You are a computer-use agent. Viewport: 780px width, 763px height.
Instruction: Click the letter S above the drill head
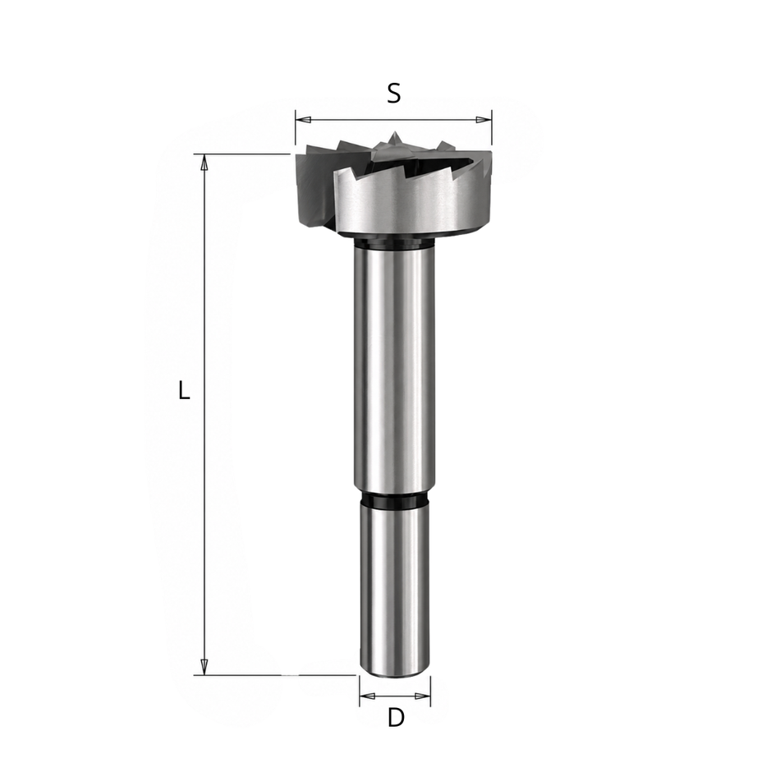click(393, 93)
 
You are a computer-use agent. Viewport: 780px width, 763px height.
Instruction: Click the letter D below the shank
click(396, 718)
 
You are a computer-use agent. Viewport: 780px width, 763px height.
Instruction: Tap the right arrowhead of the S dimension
click(484, 120)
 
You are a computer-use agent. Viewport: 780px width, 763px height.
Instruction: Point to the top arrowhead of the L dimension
click(204, 162)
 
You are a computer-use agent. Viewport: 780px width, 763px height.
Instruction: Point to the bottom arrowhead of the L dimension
click(204, 667)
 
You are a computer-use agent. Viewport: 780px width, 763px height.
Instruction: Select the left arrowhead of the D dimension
click(367, 696)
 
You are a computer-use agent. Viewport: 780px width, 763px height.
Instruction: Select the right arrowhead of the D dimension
click(422, 696)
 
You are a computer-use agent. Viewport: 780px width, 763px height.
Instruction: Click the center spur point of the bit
click(394, 138)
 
